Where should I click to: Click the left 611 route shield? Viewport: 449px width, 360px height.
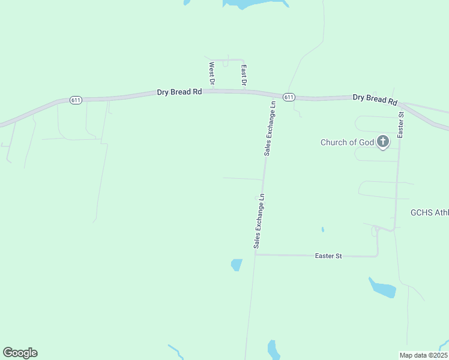click(76, 100)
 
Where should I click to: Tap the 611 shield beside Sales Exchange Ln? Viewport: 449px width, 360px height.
click(289, 97)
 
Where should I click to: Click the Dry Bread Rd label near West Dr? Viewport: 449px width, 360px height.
click(179, 92)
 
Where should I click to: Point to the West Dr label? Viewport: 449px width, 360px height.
click(211, 73)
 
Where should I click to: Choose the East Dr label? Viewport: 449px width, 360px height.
click(244, 74)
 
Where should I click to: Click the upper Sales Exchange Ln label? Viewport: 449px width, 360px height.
click(271, 128)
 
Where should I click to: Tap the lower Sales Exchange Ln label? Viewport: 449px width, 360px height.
click(259, 221)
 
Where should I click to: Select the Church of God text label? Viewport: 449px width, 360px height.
click(347, 142)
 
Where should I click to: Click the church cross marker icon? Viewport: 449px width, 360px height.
click(383, 142)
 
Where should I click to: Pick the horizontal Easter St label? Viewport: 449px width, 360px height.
click(328, 256)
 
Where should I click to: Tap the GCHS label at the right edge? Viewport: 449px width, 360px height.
click(429, 212)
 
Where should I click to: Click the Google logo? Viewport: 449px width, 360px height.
click(20, 353)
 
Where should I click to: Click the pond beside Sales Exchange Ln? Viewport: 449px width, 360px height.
click(237, 265)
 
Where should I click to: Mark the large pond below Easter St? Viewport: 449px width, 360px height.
click(383, 289)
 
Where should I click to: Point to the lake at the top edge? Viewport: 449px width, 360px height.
click(252, 4)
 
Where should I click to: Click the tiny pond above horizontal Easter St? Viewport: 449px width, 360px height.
click(323, 229)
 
